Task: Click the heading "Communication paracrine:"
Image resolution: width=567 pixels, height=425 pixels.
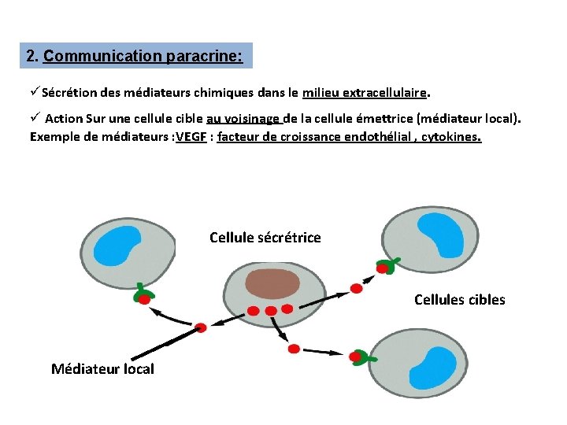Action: (x=143, y=57)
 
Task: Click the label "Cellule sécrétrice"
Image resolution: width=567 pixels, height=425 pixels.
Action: (x=265, y=237)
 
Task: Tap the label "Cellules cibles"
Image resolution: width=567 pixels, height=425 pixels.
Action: (x=459, y=299)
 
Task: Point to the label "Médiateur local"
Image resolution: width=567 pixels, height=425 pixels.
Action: (x=102, y=368)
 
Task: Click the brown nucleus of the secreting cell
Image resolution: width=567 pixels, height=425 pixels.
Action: (x=269, y=283)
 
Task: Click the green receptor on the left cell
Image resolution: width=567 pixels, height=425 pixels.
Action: (x=143, y=293)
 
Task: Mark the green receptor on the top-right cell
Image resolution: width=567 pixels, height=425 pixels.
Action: (x=387, y=265)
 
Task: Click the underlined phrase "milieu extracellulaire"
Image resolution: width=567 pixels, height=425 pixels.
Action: (x=364, y=92)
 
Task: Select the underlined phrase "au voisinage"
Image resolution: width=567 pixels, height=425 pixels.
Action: (x=243, y=119)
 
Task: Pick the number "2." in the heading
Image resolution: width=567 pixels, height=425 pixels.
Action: (x=32, y=57)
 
